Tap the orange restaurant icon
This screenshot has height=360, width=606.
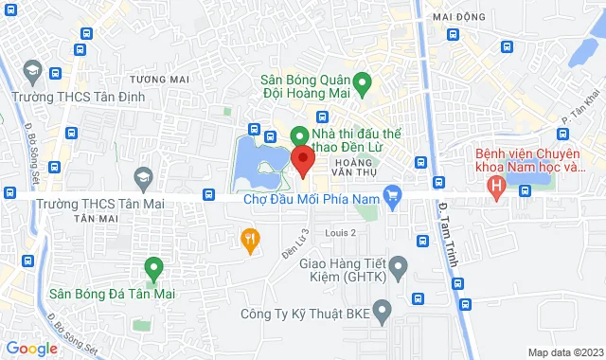(250, 240)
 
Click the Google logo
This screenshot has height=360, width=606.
(31, 349)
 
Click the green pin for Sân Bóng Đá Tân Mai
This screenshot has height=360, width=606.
(151, 267)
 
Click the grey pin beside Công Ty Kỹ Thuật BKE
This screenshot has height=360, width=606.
(382, 310)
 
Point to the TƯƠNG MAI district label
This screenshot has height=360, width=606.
(155, 79)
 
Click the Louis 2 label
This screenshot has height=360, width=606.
(340, 232)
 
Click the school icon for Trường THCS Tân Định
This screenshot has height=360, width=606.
(32, 72)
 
